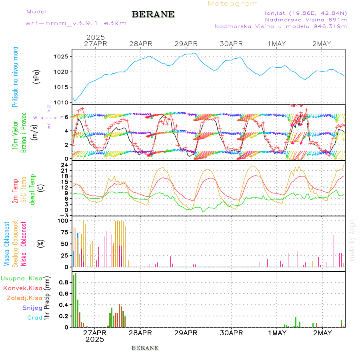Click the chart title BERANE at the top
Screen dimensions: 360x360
point(153,14)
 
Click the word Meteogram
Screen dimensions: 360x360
point(233,4)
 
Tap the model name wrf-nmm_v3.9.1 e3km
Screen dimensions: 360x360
point(76,23)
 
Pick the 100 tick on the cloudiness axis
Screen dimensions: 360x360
point(64,220)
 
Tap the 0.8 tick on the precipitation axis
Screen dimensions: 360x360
point(64,282)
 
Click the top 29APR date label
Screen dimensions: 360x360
point(186,44)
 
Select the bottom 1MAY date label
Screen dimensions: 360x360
point(277,333)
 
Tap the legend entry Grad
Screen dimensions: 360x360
point(35,318)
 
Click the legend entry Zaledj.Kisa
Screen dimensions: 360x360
point(24,298)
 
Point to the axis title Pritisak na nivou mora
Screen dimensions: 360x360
point(15,78)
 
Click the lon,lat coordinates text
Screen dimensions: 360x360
point(302,13)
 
